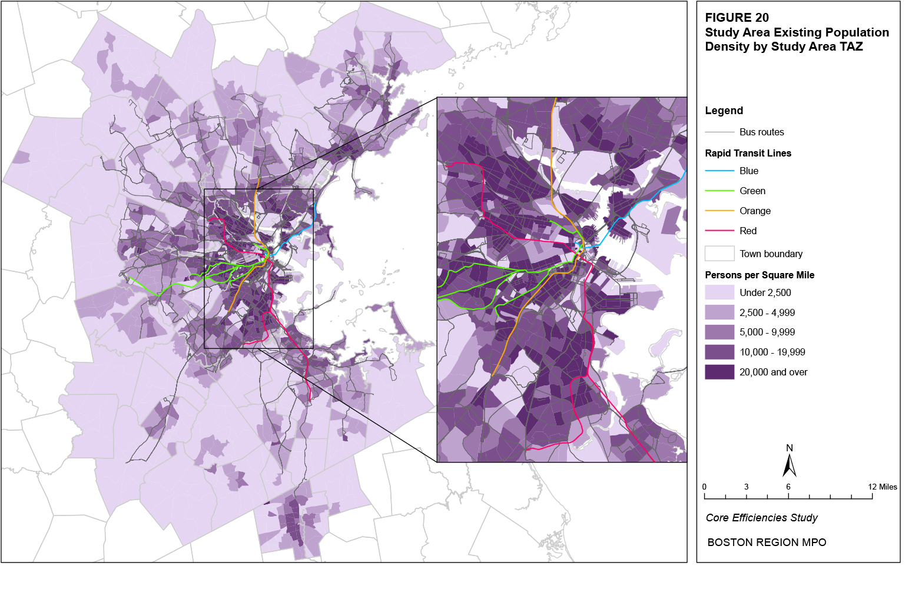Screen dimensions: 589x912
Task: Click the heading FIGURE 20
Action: [x=737, y=18]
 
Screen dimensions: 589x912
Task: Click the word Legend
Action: [x=724, y=111]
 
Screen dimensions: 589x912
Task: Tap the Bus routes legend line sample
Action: [x=719, y=132]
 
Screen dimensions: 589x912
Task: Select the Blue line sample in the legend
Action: [x=719, y=171]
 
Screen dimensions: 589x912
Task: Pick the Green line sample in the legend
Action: [x=719, y=191]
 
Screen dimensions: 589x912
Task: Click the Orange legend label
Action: [x=755, y=211]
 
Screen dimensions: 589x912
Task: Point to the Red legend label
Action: [x=748, y=231]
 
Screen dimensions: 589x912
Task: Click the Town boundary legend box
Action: [x=719, y=254]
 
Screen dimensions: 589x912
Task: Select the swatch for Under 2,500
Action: [x=719, y=292]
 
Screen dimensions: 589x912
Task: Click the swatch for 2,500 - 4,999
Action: [x=719, y=312]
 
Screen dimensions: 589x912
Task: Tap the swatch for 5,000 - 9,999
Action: [x=719, y=332]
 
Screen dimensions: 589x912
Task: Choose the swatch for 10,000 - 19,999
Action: [x=719, y=352]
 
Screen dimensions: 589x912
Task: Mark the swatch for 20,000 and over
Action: [x=719, y=372]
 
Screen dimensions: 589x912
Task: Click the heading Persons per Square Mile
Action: [x=760, y=275]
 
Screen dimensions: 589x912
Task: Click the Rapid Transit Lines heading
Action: [x=748, y=153]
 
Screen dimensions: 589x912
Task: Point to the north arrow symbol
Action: [x=789, y=463]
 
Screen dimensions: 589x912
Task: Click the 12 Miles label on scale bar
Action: [x=882, y=487]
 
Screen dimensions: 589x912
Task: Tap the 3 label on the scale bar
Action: [x=746, y=487]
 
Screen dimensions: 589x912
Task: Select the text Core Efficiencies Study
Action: [x=761, y=518]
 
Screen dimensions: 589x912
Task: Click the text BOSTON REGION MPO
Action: [x=767, y=543]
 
